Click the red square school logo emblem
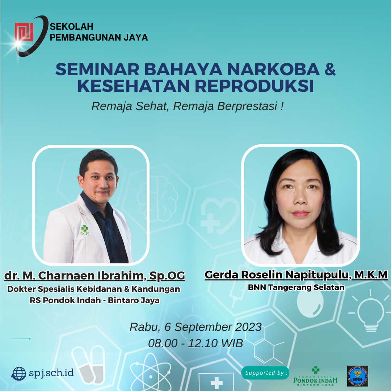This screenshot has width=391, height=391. [x=24, y=32]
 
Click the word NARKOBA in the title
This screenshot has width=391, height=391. [x=273, y=69]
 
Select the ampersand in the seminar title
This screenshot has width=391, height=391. [x=330, y=69]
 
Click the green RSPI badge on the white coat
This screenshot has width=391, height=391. [x=84, y=230]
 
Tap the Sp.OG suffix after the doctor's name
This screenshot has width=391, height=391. [x=167, y=276]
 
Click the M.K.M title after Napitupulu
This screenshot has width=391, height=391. [x=371, y=275]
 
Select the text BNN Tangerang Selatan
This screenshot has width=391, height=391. [x=296, y=287]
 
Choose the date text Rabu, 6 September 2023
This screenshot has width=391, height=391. [x=195, y=327]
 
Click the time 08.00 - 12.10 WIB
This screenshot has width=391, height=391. [x=195, y=343]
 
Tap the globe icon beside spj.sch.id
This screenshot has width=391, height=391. [x=18, y=374]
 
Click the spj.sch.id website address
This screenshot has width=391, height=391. [x=51, y=373]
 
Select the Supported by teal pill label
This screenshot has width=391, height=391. [x=265, y=373]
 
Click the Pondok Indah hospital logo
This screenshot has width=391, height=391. [x=315, y=376]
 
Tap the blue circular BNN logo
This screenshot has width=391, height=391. [x=358, y=376]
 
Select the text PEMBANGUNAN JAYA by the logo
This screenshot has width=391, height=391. [x=99, y=37]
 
